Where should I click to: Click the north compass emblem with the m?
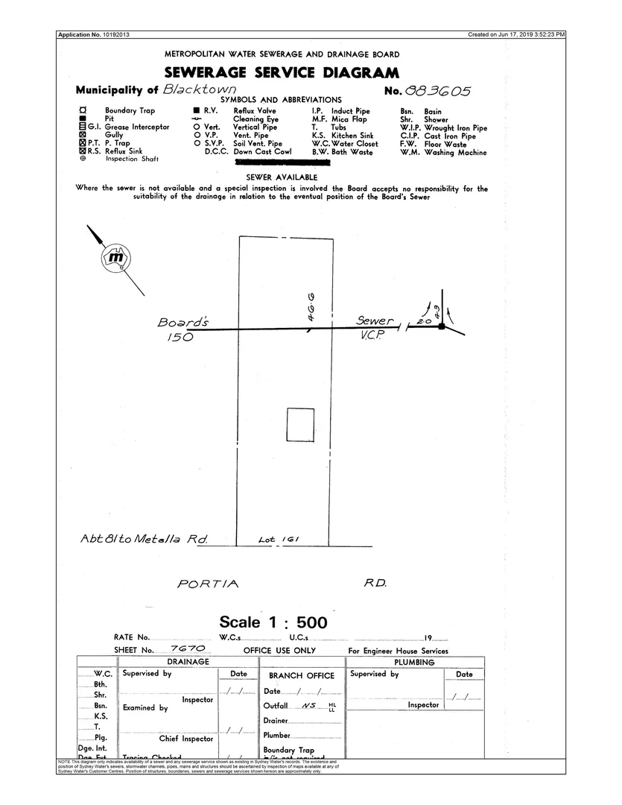[x=115, y=258]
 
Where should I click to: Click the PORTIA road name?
[x=209, y=584]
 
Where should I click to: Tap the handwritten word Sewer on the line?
[x=375, y=321]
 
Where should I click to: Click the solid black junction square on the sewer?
[x=442, y=326]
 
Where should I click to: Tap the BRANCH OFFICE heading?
[x=302, y=675]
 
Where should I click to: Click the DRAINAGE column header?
[x=188, y=662]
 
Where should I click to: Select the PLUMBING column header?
[x=415, y=662]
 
